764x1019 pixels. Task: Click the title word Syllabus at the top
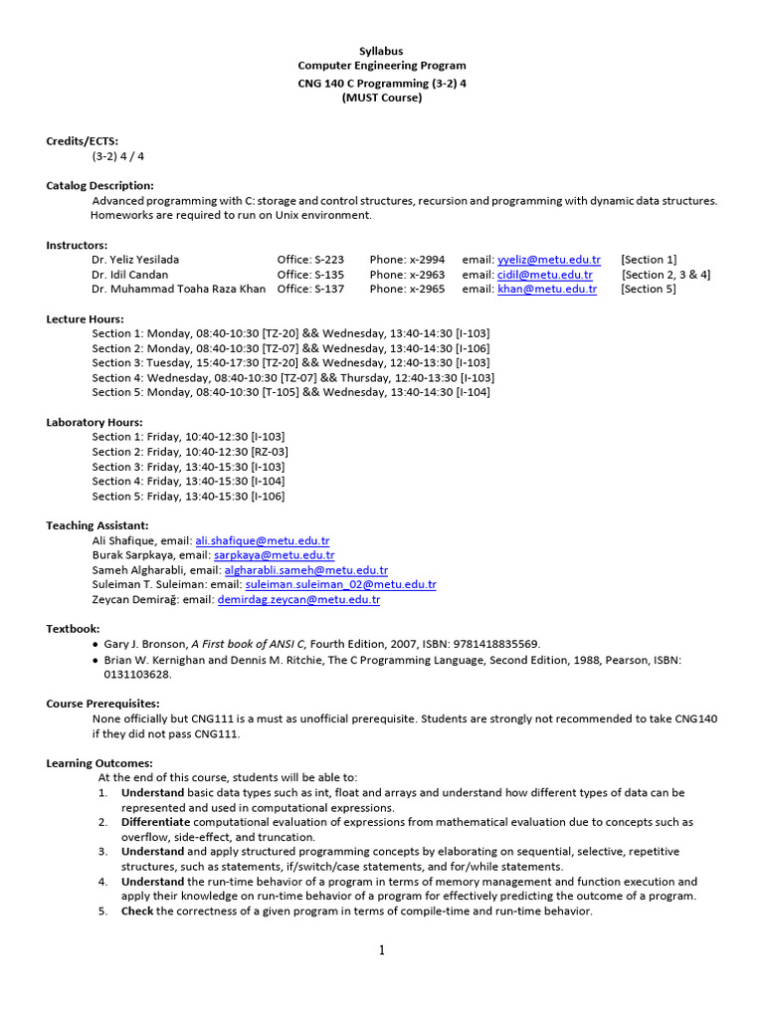[x=381, y=51]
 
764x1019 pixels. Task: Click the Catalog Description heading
[x=99, y=185]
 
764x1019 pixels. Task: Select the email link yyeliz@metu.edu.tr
[x=548, y=260]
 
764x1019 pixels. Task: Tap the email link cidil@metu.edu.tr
[x=544, y=275]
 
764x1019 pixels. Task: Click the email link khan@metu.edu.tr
[x=546, y=290]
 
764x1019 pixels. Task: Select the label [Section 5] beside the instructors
[x=648, y=290]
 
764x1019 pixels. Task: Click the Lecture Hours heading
[x=87, y=318]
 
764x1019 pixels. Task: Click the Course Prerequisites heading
[x=102, y=704]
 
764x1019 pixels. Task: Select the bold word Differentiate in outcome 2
[x=155, y=822]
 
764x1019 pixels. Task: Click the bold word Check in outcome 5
[x=137, y=911]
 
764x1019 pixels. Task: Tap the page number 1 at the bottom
[x=381, y=950]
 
